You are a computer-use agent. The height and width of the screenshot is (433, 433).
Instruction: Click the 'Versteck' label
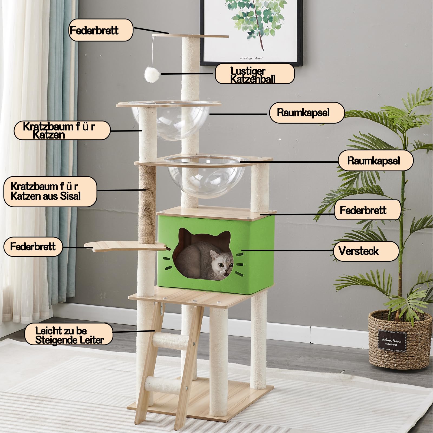coord(366,251)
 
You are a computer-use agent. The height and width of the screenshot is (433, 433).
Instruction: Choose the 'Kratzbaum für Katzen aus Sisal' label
coord(50,191)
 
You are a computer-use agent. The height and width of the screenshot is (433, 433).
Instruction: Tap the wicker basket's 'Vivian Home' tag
coord(392,341)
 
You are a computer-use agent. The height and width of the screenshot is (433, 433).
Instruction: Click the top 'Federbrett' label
coord(101,30)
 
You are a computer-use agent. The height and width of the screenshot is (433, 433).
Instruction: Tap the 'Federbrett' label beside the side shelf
coord(33,247)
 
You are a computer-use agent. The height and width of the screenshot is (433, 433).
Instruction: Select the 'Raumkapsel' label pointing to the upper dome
coord(307,112)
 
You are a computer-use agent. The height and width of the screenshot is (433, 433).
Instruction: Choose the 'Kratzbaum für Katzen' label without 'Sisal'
coord(62,130)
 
